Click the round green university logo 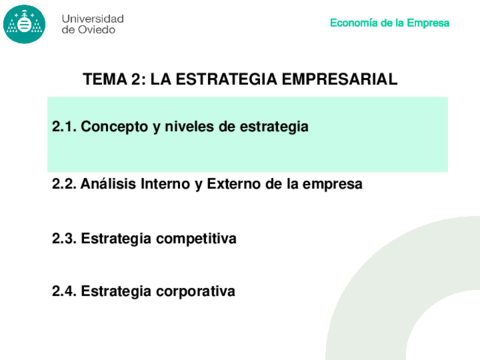[24, 24]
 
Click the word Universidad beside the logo [93, 19]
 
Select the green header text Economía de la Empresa [390, 23]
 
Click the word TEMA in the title [105, 79]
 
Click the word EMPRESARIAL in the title [340, 79]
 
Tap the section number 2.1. [64, 127]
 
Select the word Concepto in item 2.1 [114, 127]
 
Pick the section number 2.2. [64, 184]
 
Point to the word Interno [165, 184]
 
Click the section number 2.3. [64, 239]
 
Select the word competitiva [196, 239]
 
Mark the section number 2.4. [64, 291]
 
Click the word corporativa [196, 292]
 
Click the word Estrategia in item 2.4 [116, 292]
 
